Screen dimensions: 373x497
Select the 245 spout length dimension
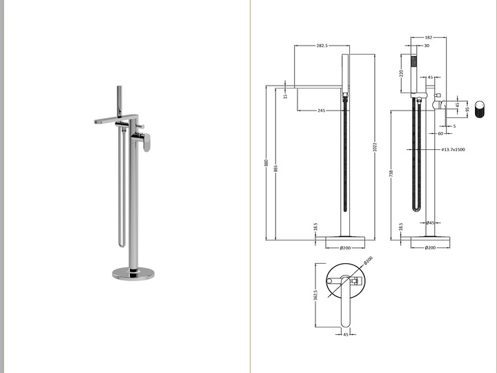(x=322, y=111)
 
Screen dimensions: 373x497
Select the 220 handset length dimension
(x=401, y=73)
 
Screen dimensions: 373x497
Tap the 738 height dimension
(x=391, y=173)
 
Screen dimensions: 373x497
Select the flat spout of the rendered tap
(x=110, y=120)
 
